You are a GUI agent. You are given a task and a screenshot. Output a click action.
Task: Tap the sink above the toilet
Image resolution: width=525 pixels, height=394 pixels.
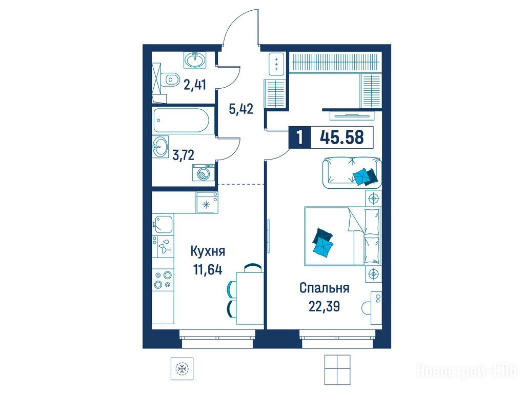[195, 61]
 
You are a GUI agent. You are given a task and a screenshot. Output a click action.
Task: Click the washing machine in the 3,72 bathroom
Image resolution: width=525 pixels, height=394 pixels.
[204, 172]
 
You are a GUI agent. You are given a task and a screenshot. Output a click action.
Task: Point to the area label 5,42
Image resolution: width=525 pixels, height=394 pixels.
[240, 109]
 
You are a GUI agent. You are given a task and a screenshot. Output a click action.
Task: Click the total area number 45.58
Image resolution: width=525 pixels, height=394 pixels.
[342, 136]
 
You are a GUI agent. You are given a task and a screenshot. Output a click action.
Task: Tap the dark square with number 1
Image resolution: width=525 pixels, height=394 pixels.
[299, 137]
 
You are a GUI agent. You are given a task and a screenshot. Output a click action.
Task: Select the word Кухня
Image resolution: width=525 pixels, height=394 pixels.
[208, 251]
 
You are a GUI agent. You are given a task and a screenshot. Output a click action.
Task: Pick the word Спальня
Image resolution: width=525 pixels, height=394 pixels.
[325, 288]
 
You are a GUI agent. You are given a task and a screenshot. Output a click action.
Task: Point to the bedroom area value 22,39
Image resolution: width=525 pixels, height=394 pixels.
[324, 306]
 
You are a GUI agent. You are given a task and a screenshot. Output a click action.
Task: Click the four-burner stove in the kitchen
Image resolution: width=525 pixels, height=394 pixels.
[163, 280]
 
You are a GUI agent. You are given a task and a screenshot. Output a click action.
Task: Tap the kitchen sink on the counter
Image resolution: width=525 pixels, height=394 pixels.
[164, 224]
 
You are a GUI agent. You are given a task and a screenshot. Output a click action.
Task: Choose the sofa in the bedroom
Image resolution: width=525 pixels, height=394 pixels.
[352, 171]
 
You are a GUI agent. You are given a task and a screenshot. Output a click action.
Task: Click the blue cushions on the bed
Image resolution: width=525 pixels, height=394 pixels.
[323, 243]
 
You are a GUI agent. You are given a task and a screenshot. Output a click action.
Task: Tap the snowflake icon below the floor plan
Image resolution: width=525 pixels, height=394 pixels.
[182, 369]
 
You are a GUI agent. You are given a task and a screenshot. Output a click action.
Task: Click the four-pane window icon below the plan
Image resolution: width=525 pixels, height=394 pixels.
[337, 369]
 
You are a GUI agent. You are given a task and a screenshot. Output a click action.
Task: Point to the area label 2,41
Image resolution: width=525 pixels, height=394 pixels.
[194, 84]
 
